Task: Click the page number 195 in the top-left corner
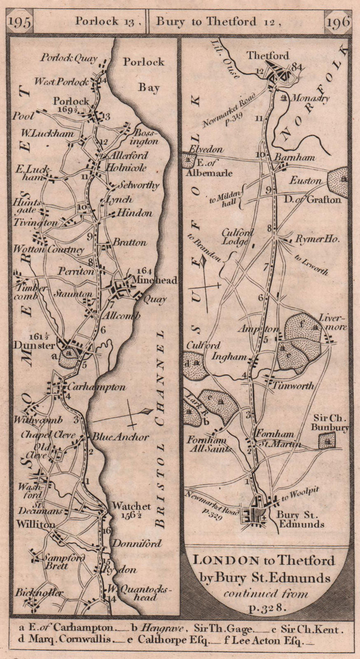point(20,22)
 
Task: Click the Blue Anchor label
point(120,437)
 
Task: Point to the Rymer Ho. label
point(318,239)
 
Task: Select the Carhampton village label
point(96,387)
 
